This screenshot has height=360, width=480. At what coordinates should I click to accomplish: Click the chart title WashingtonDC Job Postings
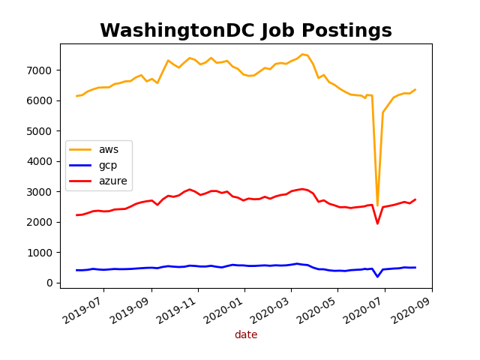pos(246,31)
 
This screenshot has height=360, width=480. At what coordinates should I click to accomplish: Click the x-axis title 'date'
pos(246,335)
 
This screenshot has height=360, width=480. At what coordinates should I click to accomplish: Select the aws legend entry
pos(109,149)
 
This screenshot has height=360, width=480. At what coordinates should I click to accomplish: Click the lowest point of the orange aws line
pos(377,202)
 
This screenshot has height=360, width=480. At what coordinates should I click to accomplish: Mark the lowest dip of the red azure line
pos(377,223)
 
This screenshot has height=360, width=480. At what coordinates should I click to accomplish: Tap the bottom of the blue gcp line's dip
pos(377,277)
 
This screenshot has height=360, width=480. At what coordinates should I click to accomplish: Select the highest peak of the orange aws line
pos(302,54)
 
